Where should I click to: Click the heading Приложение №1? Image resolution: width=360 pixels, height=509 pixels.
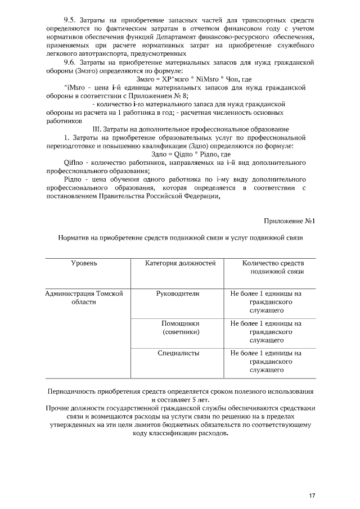[289, 221]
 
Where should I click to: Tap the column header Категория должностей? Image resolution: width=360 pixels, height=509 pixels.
[177, 263]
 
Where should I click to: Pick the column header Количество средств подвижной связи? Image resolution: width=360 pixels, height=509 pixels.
[273, 268]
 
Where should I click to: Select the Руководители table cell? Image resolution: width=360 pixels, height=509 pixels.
[177, 294]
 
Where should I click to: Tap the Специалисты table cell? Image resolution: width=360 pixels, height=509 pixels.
[177, 353]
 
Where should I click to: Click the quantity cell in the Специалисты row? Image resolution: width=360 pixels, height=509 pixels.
[266, 362]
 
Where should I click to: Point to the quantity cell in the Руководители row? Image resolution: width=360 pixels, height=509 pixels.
[266, 301]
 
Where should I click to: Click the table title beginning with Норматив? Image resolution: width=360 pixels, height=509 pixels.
[181, 238]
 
